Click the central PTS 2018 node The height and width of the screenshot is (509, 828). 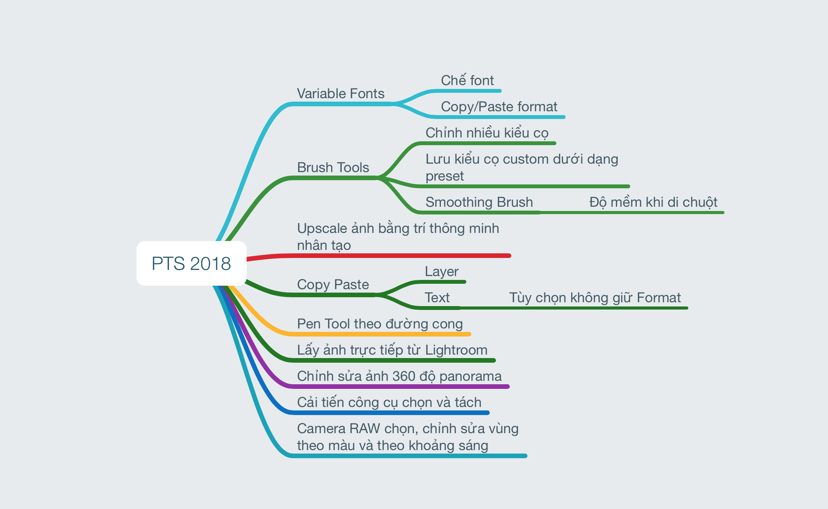(x=191, y=263)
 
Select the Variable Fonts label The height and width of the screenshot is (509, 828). (x=341, y=94)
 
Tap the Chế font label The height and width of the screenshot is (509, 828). (x=467, y=80)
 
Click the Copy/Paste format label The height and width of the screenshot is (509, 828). (x=499, y=107)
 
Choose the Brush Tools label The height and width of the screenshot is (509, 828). (x=333, y=167)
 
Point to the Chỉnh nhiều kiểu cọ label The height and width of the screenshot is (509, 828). (x=487, y=133)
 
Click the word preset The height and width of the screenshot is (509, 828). (x=444, y=176)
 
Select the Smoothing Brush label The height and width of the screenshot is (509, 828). (x=479, y=202)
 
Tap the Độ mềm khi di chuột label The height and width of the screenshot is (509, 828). (x=653, y=202)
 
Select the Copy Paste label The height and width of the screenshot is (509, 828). (x=333, y=285)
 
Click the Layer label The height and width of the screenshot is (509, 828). (x=441, y=271)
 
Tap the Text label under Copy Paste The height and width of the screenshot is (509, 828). (x=437, y=298)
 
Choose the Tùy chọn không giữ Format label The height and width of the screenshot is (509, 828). (x=594, y=298)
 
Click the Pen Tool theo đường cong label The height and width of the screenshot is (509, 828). (x=380, y=324)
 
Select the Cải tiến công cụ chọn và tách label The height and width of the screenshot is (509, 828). (x=389, y=402)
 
